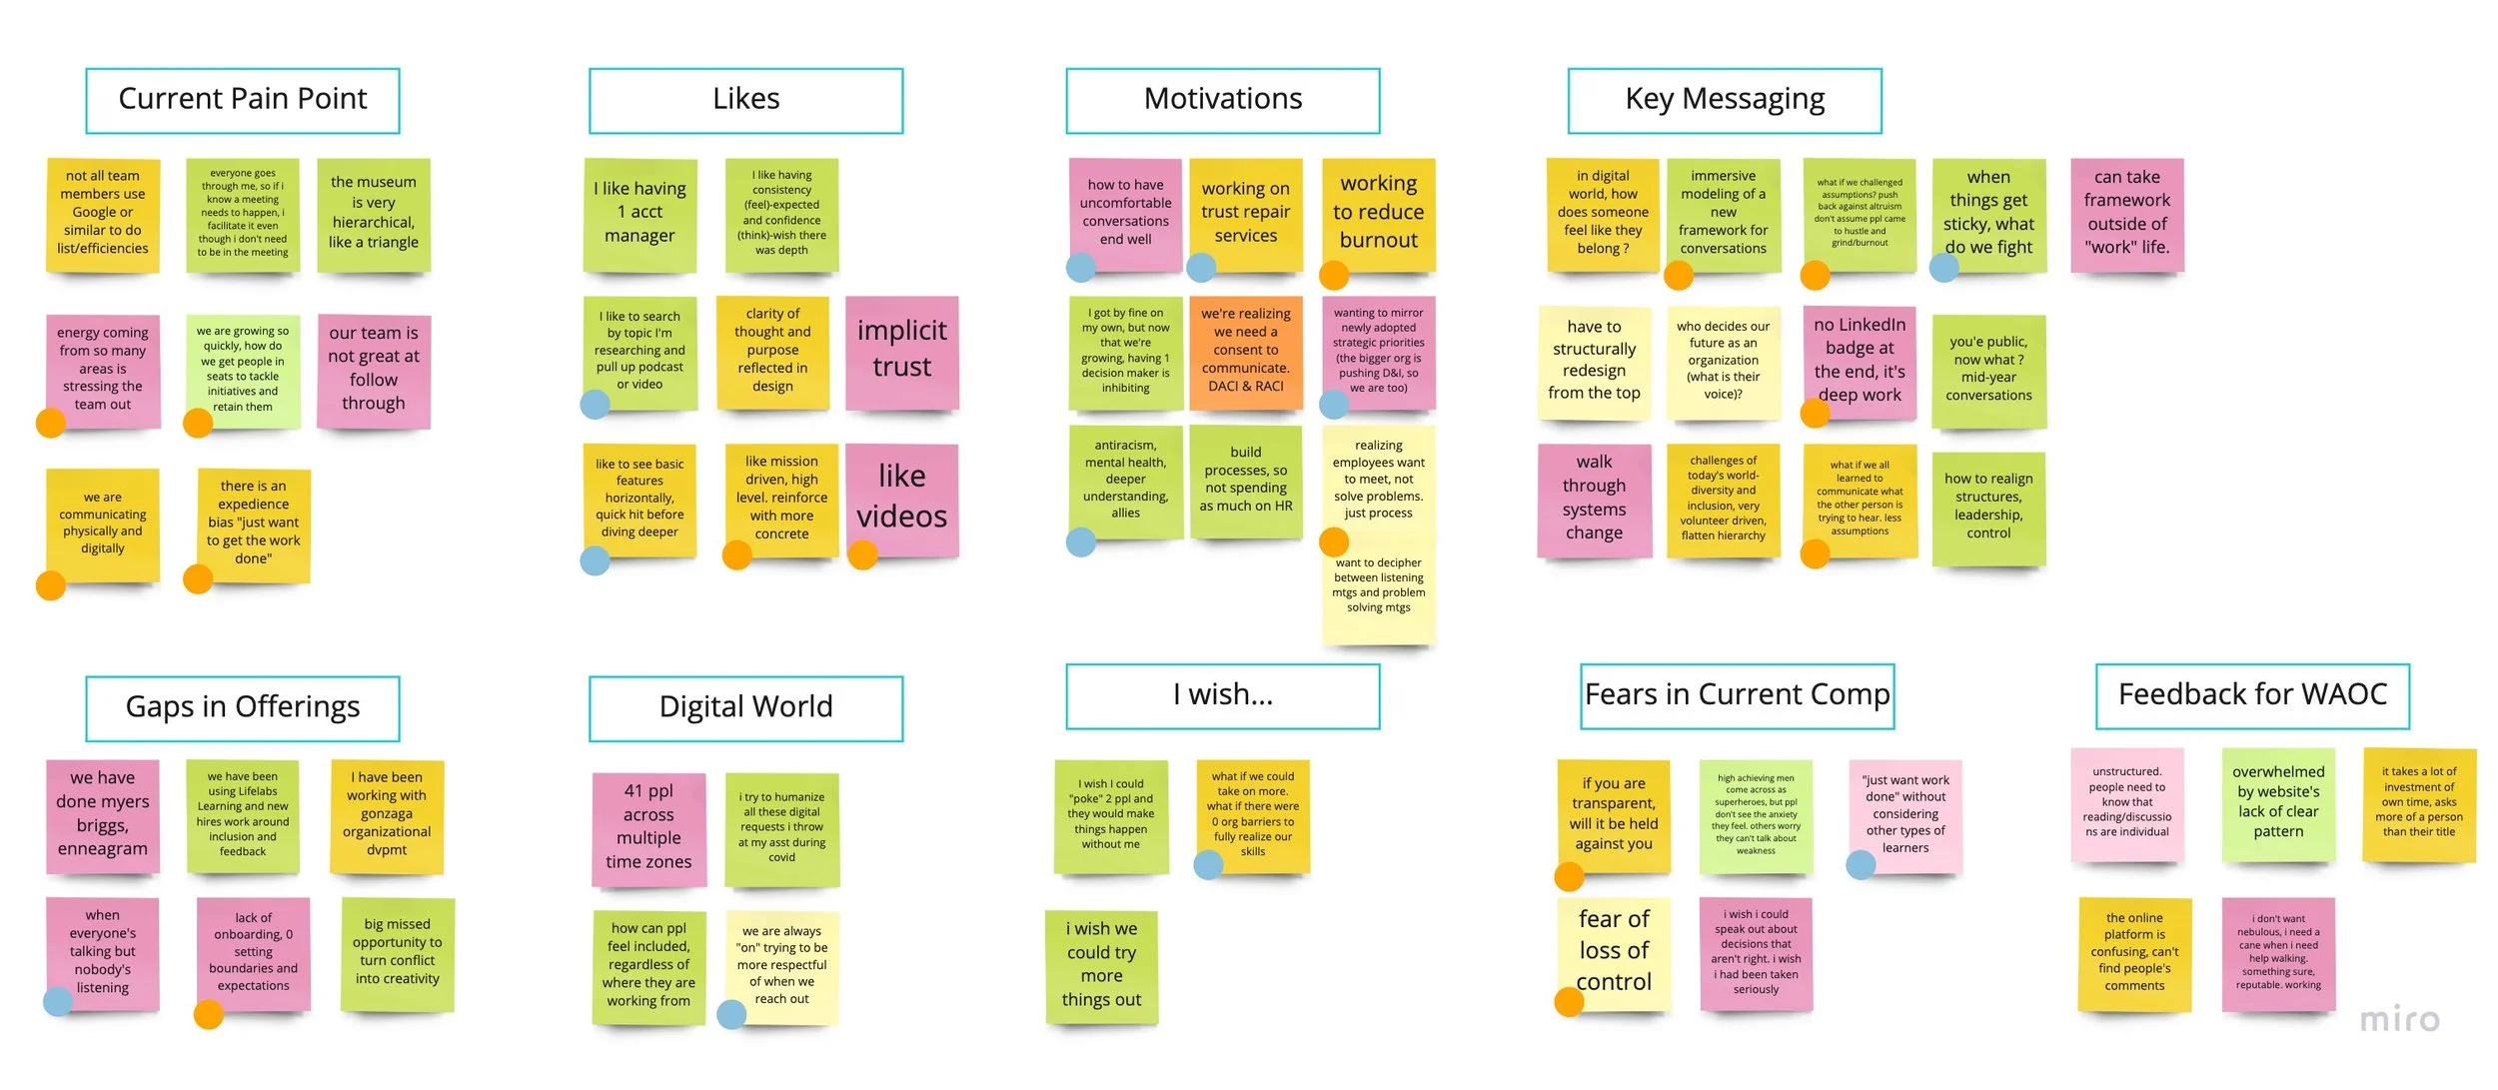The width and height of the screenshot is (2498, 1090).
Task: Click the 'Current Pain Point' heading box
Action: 243,100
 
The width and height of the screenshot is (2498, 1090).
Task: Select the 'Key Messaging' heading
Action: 1724,100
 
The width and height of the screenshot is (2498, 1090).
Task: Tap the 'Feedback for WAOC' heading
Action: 2251,695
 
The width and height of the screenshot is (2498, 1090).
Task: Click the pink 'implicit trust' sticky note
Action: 901,352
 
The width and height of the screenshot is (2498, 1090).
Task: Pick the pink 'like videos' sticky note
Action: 901,498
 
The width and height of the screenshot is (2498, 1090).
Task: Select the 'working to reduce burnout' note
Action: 1378,213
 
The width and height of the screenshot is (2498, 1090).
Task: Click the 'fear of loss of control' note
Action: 1613,951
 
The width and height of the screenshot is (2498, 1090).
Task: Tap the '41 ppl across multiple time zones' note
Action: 648,827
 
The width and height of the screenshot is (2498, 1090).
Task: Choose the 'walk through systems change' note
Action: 1594,499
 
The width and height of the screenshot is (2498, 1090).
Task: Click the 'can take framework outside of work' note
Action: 2126,213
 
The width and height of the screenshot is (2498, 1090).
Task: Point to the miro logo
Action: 2398,1019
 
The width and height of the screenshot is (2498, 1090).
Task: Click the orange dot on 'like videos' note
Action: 862,554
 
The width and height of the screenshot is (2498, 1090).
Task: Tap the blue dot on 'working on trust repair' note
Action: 1200,267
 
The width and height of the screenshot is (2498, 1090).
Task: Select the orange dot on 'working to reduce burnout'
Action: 1334,275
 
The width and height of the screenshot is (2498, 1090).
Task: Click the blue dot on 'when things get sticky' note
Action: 1943,267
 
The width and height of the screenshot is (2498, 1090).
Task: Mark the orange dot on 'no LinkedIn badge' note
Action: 1815,413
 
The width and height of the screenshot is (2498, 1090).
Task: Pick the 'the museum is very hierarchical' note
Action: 374,213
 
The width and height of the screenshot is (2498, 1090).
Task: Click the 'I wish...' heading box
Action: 1222,695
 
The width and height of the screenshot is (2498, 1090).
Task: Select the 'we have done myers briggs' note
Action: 103,814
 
